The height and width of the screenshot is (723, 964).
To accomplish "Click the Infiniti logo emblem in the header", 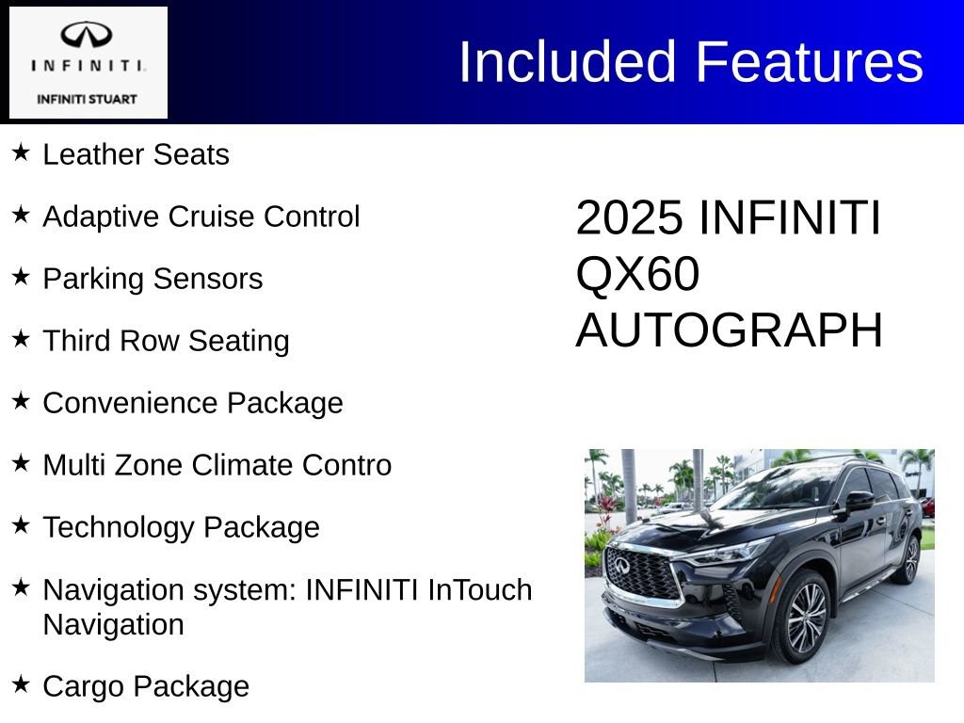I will coord(87,36).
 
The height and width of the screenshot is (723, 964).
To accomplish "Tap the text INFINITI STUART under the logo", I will coord(87,99).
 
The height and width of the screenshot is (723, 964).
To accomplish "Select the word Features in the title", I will coord(810,62).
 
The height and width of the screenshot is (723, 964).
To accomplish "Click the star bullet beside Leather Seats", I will coord(21,152).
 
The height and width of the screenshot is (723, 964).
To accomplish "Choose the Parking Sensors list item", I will coord(153,279).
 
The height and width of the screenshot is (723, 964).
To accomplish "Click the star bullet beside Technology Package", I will coord(21,524).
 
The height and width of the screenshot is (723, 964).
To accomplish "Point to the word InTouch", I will coord(480,590).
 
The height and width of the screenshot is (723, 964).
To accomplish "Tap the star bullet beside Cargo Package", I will coord(21,684).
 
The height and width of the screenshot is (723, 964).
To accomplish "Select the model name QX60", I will coord(637,275).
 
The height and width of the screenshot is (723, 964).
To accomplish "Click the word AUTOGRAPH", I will coord(729,330).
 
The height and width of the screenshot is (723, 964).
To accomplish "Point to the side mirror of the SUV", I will coord(858,502).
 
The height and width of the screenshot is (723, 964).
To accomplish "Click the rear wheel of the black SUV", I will coord(910,559).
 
